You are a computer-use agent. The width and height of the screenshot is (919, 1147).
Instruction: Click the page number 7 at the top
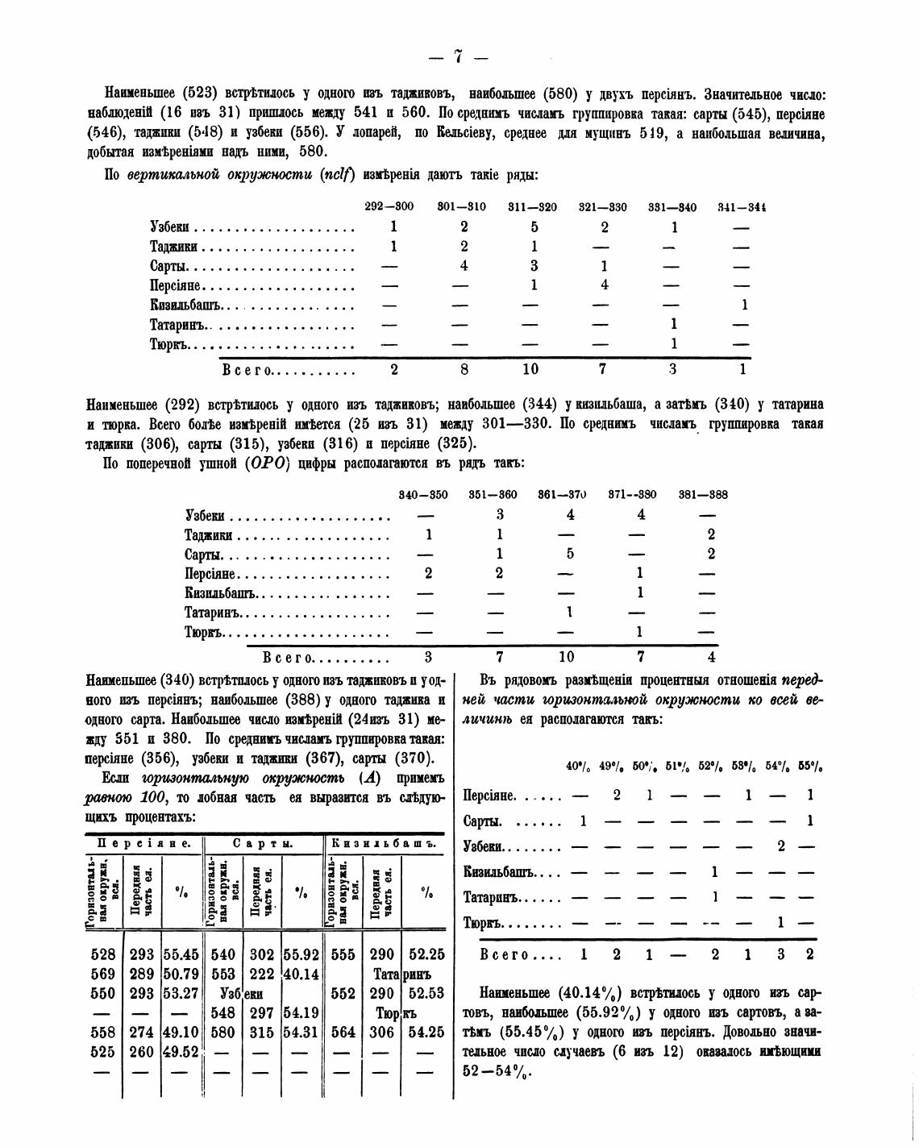click(x=459, y=56)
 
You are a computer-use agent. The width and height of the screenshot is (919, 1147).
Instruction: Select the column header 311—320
click(x=532, y=207)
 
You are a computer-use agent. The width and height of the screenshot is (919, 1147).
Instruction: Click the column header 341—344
click(x=742, y=207)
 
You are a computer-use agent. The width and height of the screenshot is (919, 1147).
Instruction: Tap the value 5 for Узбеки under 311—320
click(x=534, y=227)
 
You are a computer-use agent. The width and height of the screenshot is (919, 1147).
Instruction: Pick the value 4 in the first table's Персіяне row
click(x=605, y=285)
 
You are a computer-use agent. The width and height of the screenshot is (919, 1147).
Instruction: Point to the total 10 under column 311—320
click(x=532, y=369)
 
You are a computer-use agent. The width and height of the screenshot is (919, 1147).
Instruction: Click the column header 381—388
click(x=703, y=495)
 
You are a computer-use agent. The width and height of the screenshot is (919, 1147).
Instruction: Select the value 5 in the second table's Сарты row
click(x=570, y=554)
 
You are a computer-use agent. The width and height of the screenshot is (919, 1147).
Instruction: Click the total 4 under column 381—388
click(x=710, y=657)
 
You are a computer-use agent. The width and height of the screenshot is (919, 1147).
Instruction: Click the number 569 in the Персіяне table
click(x=104, y=974)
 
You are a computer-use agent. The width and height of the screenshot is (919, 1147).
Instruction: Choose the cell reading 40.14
click(x=301, y=974)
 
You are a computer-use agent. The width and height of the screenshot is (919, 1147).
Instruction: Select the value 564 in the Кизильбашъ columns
click(x=343, y=1032)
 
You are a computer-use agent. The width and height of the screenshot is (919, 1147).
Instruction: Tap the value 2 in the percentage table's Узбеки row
click(x=780, y=846)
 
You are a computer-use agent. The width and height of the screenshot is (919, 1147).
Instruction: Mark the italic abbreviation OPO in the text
click(x=267, y=464)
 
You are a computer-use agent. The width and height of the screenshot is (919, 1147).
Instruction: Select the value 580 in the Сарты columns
click(x=222, y=1032)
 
